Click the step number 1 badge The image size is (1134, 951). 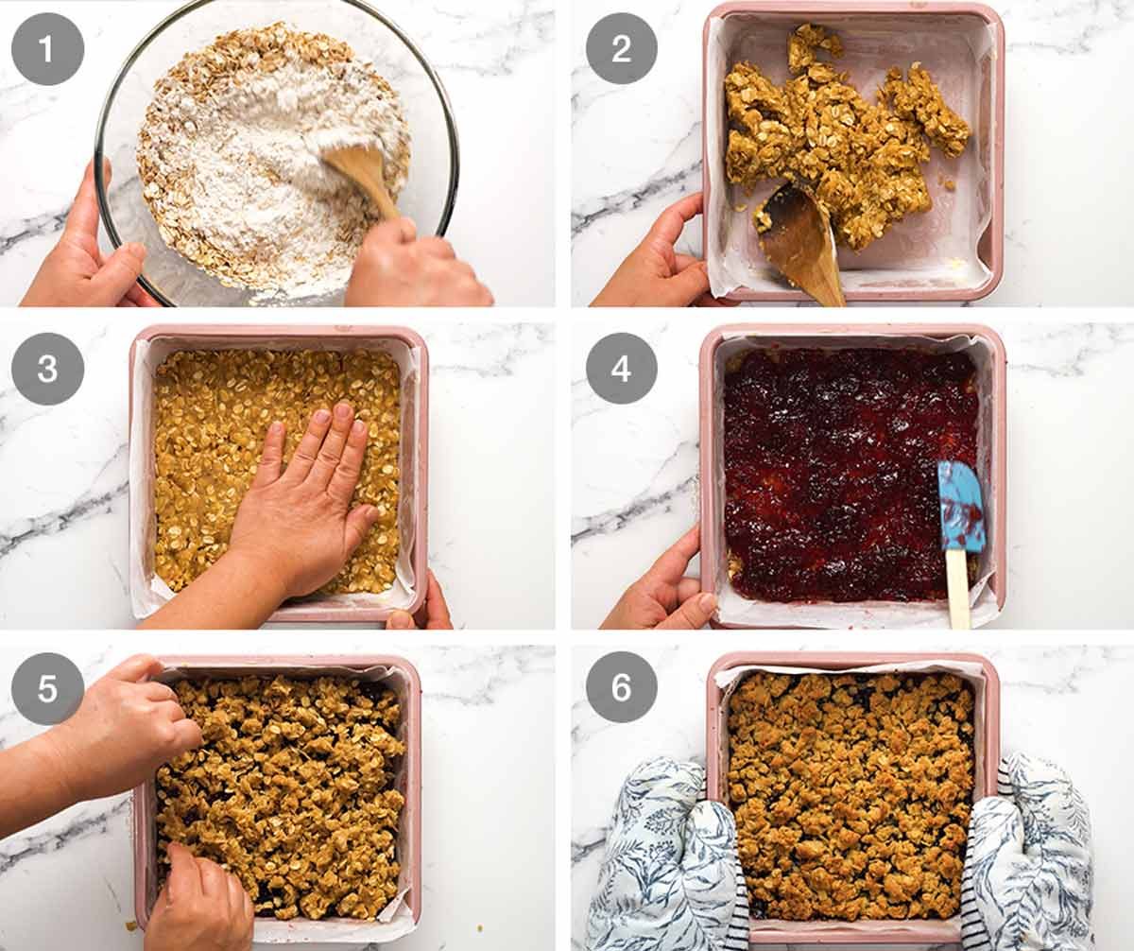(x=47, y=48)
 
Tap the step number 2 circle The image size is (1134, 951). (x=621, y=48)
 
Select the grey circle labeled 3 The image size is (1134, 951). (x=47, y=369)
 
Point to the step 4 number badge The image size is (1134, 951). (x=621, y=369)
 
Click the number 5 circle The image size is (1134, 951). (x=47, y=688)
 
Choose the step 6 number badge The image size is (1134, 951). (x=621, y=688)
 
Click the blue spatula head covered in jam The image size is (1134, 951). (x=960, y=506)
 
